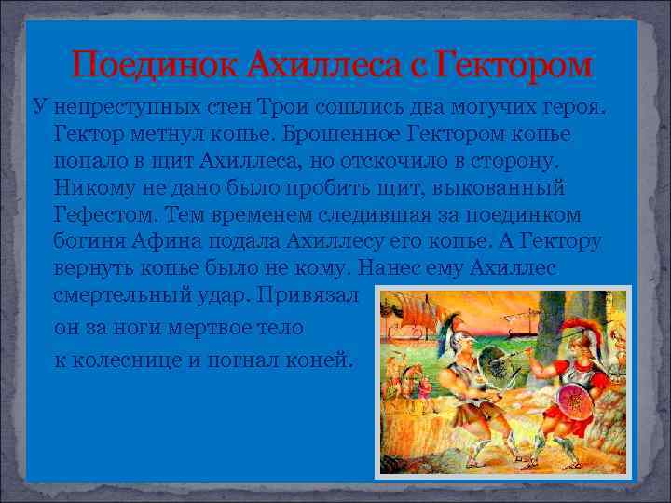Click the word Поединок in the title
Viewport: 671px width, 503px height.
click(x=155, y=65)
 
